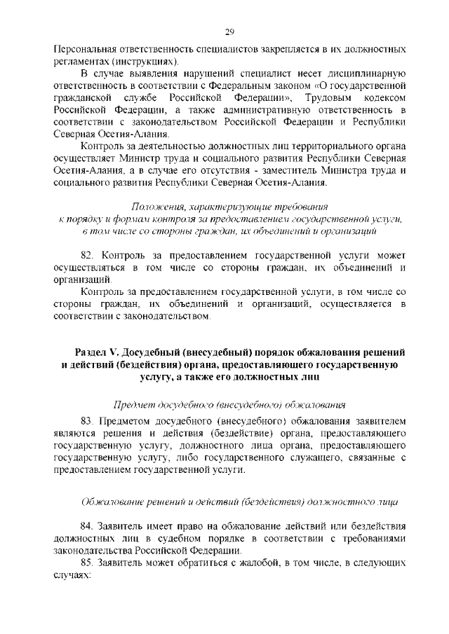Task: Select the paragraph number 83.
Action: (x=88, y=420)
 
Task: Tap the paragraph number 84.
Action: (x=88, y=525)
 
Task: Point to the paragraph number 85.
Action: (x=88, y=562)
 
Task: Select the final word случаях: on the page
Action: (x=72, y=574)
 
